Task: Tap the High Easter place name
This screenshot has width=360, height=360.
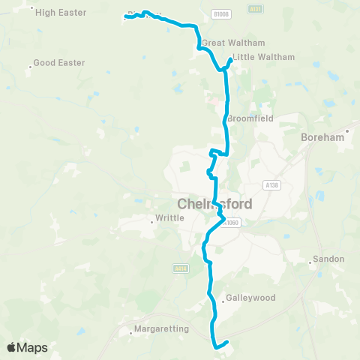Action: (61, 13)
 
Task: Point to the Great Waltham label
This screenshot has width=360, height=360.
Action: (223, 43)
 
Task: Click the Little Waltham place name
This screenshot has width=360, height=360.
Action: (263, 57)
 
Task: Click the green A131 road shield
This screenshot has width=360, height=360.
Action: (255, 9)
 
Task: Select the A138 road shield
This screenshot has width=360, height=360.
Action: (272, 184)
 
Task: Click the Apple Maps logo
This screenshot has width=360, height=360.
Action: (27, 347)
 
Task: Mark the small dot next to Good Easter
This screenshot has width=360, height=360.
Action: (30, 66)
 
